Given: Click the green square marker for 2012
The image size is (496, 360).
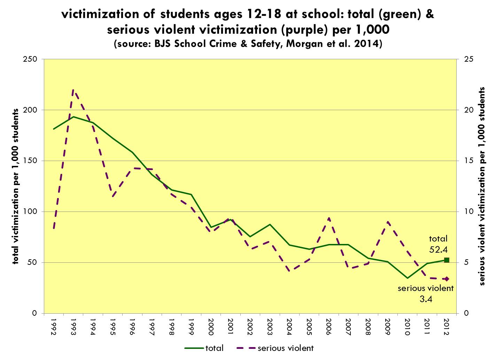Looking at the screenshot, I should [447, 260].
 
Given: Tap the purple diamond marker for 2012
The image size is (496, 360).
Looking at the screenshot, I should [447, 279].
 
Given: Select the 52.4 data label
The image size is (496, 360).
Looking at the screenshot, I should [438, 249].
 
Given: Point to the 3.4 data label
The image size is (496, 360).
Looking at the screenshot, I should [426, 299].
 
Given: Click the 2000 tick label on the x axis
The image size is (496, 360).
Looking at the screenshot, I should [210, 327].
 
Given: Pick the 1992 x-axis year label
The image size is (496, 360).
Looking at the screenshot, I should [54, 327].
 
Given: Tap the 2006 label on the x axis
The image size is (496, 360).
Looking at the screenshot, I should [328, 327].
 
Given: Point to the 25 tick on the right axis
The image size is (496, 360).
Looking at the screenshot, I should [468, 59].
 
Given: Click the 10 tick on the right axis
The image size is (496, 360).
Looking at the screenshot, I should [468, 212].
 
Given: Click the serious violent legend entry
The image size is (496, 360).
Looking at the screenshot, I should [275, 348].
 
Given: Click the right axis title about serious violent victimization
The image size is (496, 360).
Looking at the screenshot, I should [482, 186].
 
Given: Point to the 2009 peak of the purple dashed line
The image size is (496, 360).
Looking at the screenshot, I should [388, 222].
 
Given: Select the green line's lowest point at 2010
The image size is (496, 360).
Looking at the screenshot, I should [407, 278].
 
